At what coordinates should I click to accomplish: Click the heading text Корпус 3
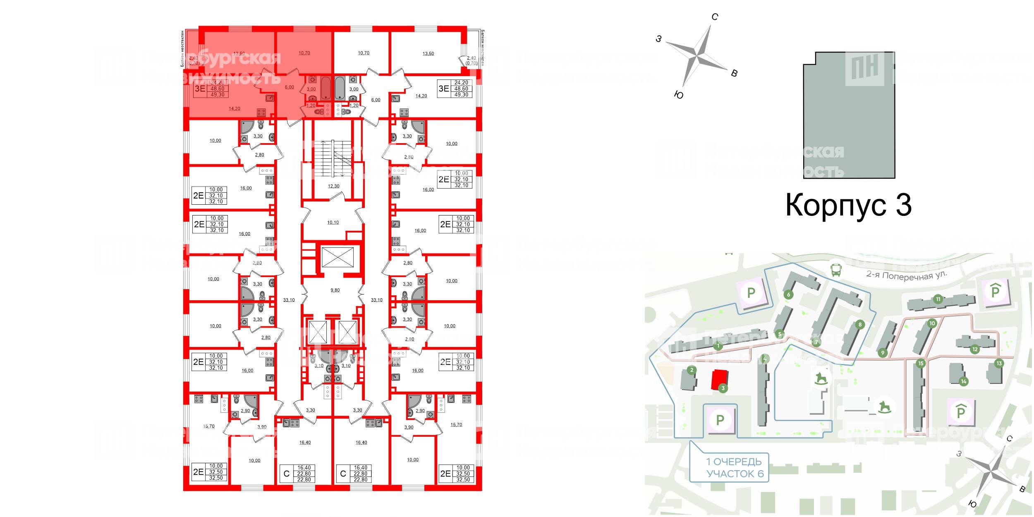point(848,205)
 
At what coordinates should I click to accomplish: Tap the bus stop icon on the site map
point(836,270)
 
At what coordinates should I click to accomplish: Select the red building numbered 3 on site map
point(719,379)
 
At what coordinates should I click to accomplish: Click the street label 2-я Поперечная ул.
point(906,275)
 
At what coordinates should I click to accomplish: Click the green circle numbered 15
point(921,364)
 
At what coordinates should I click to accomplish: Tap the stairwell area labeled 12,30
point(333,186)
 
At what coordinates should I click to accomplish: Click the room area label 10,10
point(333,223)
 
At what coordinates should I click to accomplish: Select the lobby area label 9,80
point(335,290)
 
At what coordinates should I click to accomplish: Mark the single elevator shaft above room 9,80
point(337,257)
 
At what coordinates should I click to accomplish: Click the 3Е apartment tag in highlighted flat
point(200,89)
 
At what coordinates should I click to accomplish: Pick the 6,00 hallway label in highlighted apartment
point(290,87)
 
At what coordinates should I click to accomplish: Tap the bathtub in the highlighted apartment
point(326,87)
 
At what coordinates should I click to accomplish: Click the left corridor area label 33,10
point(289,300)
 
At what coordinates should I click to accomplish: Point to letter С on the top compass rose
point(715,17)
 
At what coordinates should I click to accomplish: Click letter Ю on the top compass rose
point(678,95)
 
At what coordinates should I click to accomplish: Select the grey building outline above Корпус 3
point(849,115)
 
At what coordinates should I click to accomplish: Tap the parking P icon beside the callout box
point(720,420)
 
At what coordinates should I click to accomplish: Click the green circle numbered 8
point(860,325)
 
